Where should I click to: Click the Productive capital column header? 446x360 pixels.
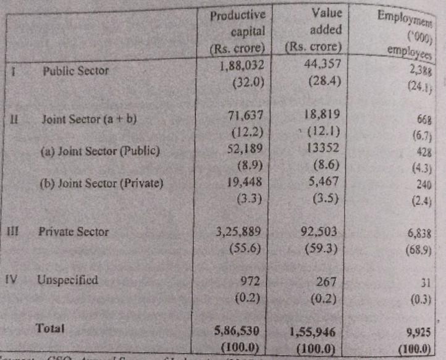(238, 31)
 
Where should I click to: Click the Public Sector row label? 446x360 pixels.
(75, 71)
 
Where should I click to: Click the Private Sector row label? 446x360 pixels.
(73, 232)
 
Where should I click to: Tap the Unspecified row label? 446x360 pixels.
(67, 280)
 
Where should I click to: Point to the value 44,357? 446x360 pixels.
(317, 62)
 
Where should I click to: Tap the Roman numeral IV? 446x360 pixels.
(11, 278)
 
